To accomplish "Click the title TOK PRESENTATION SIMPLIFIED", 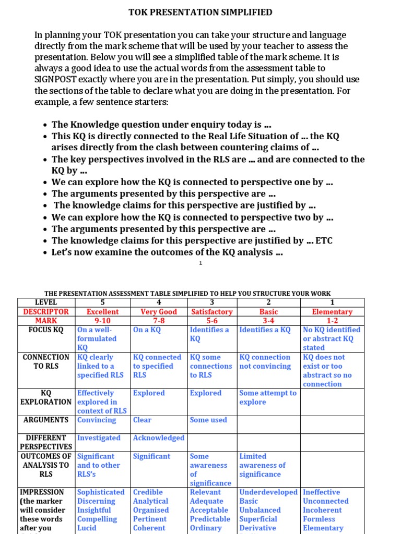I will (x=200, y=13).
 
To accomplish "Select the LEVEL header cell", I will (x=46, y=302).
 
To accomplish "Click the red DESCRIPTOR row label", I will (x=46, y=311).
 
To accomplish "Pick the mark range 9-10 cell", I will (x=102, y=320).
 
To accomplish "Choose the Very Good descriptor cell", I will (x=159, y=311).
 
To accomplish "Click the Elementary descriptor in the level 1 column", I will (x=332, y=311).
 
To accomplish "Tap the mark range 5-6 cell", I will (x=212, y=320).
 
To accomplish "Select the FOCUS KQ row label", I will (x=46, y=330).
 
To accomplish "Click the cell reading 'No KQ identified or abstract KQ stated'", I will (x=332, y=338).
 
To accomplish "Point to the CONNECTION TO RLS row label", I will (x=46, y=361).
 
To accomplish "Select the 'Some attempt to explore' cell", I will (x=268, y=397).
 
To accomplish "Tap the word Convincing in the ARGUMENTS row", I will (x=97, y=420).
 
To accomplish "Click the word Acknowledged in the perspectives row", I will (x=159, y=438).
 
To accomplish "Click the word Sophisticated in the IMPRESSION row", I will (x=101, y=492).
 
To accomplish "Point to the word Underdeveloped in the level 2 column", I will (x=268, y=492).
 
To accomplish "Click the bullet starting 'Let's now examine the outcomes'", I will (x=167, y=252).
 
